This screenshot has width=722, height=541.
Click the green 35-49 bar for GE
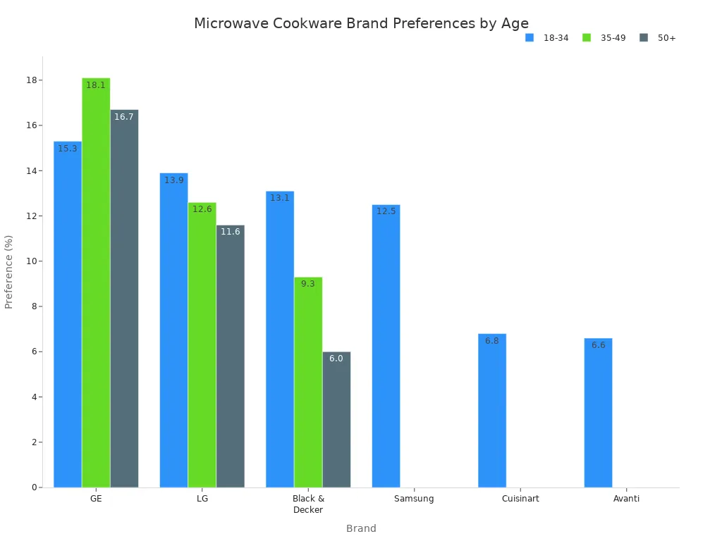click(96, 282)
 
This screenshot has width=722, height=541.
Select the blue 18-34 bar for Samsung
click(386, 345)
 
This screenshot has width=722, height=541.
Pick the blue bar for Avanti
click(598, 412)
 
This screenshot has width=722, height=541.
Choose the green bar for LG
click(202, 344)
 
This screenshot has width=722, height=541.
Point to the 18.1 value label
click(96, 85)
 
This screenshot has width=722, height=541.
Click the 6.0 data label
click(336, 359)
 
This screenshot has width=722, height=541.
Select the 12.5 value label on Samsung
click(386, 211)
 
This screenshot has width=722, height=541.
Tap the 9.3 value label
click(308, 284)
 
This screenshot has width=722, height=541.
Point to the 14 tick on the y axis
click(32, 170)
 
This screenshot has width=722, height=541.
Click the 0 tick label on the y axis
click(34, 487)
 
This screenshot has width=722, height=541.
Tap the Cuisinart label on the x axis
click(520, 499)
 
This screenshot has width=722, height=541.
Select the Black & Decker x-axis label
click(308, 504)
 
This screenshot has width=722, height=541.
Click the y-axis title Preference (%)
click(9, 272)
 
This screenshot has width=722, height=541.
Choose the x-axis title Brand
click(361, 528)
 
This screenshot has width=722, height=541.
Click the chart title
click(361, 23)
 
